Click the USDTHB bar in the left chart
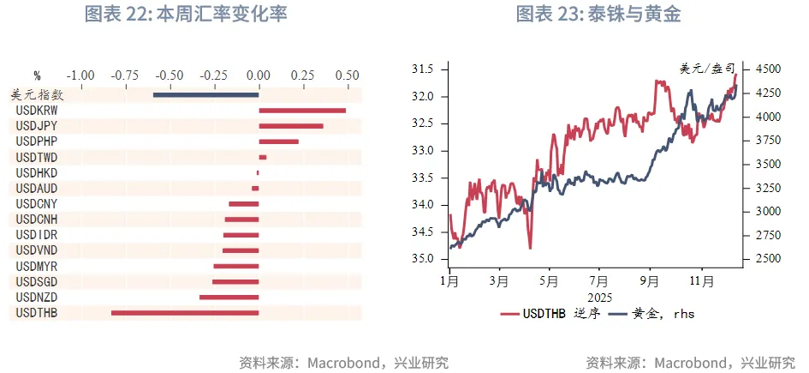[x=185, y=313]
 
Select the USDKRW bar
[x=302, y=110]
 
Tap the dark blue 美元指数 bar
[x=205, y=94]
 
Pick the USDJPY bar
[x=291, y=126]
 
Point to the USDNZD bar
[x=229, y=297]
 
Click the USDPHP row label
[x=37, y=141]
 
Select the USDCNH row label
[x=37, y=220]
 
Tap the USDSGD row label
[x=37, y=281]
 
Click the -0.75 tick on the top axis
[x=125, y=75]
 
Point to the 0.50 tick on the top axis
[x=347, y=75]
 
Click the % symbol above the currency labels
[x=37, y=75]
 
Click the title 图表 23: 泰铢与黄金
[x=598, y=15]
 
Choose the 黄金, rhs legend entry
[x=650, y=314]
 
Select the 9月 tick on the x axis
[x=649, y=280]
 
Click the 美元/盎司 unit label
[x=703, y=69]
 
